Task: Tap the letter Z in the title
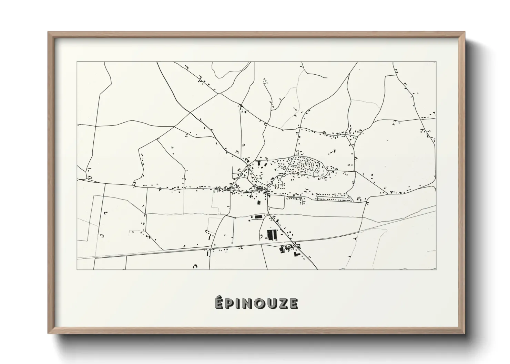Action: (282, 304)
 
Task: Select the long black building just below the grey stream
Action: (258, 217)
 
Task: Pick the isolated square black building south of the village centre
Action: (259, 202)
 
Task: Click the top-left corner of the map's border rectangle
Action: (77, 62)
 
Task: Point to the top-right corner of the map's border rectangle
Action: (436, 62)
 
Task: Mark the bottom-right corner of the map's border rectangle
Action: (436, 269)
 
